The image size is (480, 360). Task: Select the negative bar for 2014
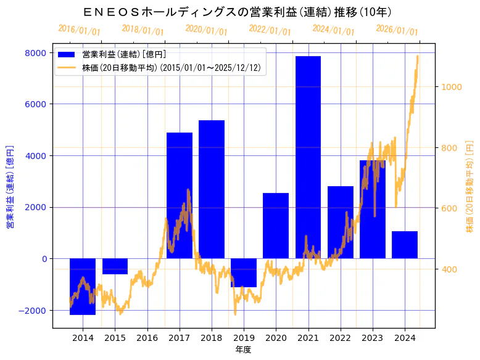83,286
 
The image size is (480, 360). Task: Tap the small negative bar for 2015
115,266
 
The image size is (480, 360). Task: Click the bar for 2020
276,226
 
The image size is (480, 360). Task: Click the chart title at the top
238,12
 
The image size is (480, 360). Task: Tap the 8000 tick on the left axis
36,53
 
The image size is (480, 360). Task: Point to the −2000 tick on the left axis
31,310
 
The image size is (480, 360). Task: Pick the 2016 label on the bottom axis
147,337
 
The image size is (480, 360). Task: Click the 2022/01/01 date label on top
270,30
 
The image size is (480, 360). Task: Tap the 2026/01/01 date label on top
397,30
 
